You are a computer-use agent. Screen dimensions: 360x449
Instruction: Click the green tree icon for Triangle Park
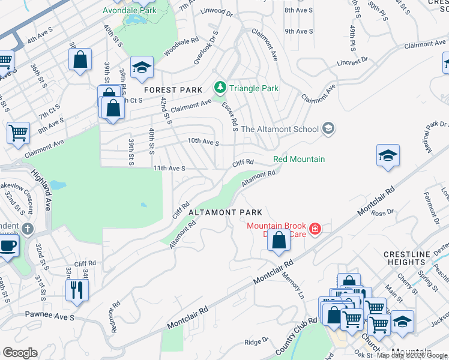pos(220,88)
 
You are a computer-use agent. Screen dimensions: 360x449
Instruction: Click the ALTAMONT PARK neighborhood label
pos(225,212)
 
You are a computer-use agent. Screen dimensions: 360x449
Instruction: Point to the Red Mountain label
pos(299,159)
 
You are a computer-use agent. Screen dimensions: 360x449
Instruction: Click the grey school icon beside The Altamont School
pos(328,128)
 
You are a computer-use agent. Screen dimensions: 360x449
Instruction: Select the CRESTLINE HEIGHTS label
pos(407,259)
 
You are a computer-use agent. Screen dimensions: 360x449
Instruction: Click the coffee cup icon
pos(8,245)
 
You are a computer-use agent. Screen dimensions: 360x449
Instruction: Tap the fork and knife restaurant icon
pos(76,290)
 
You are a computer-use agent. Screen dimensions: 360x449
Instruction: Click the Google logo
pos(20,353)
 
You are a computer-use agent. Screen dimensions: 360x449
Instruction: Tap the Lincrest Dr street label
pos(352,62)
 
